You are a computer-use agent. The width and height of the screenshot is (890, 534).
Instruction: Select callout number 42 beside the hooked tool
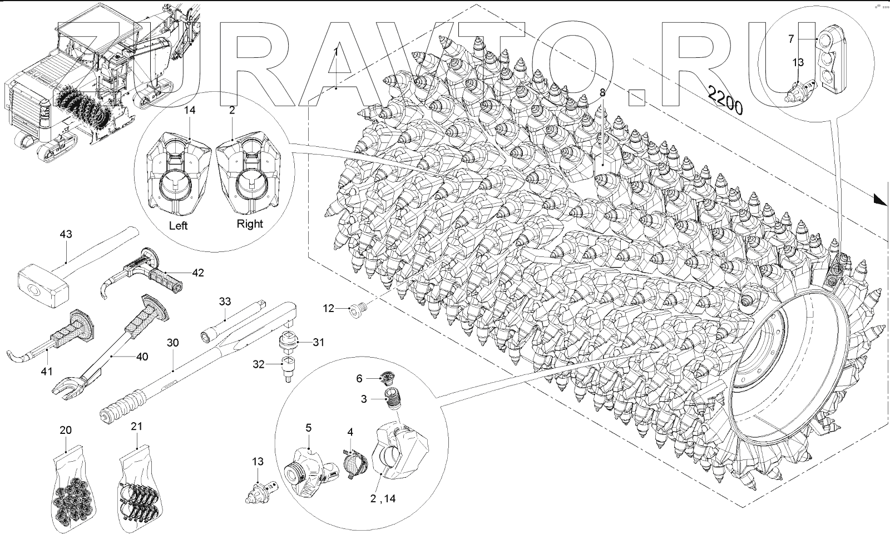click(x=198, y=273)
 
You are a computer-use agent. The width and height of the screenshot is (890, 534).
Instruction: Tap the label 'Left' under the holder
click(x=178, y=226)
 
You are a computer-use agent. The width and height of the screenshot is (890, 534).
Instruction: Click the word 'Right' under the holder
click(x=250, y=224)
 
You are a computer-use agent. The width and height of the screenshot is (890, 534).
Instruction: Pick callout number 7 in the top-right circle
click(x=790, y=38)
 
